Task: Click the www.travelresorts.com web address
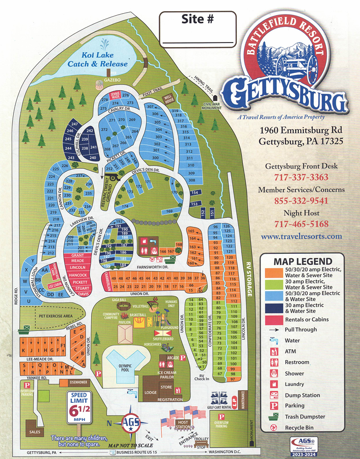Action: pyautogui.click(x=302, y=236)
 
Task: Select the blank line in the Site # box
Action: pyautogui.click(x=197, y=41)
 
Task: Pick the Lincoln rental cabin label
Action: pyautogui.click(x=77, y=267)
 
